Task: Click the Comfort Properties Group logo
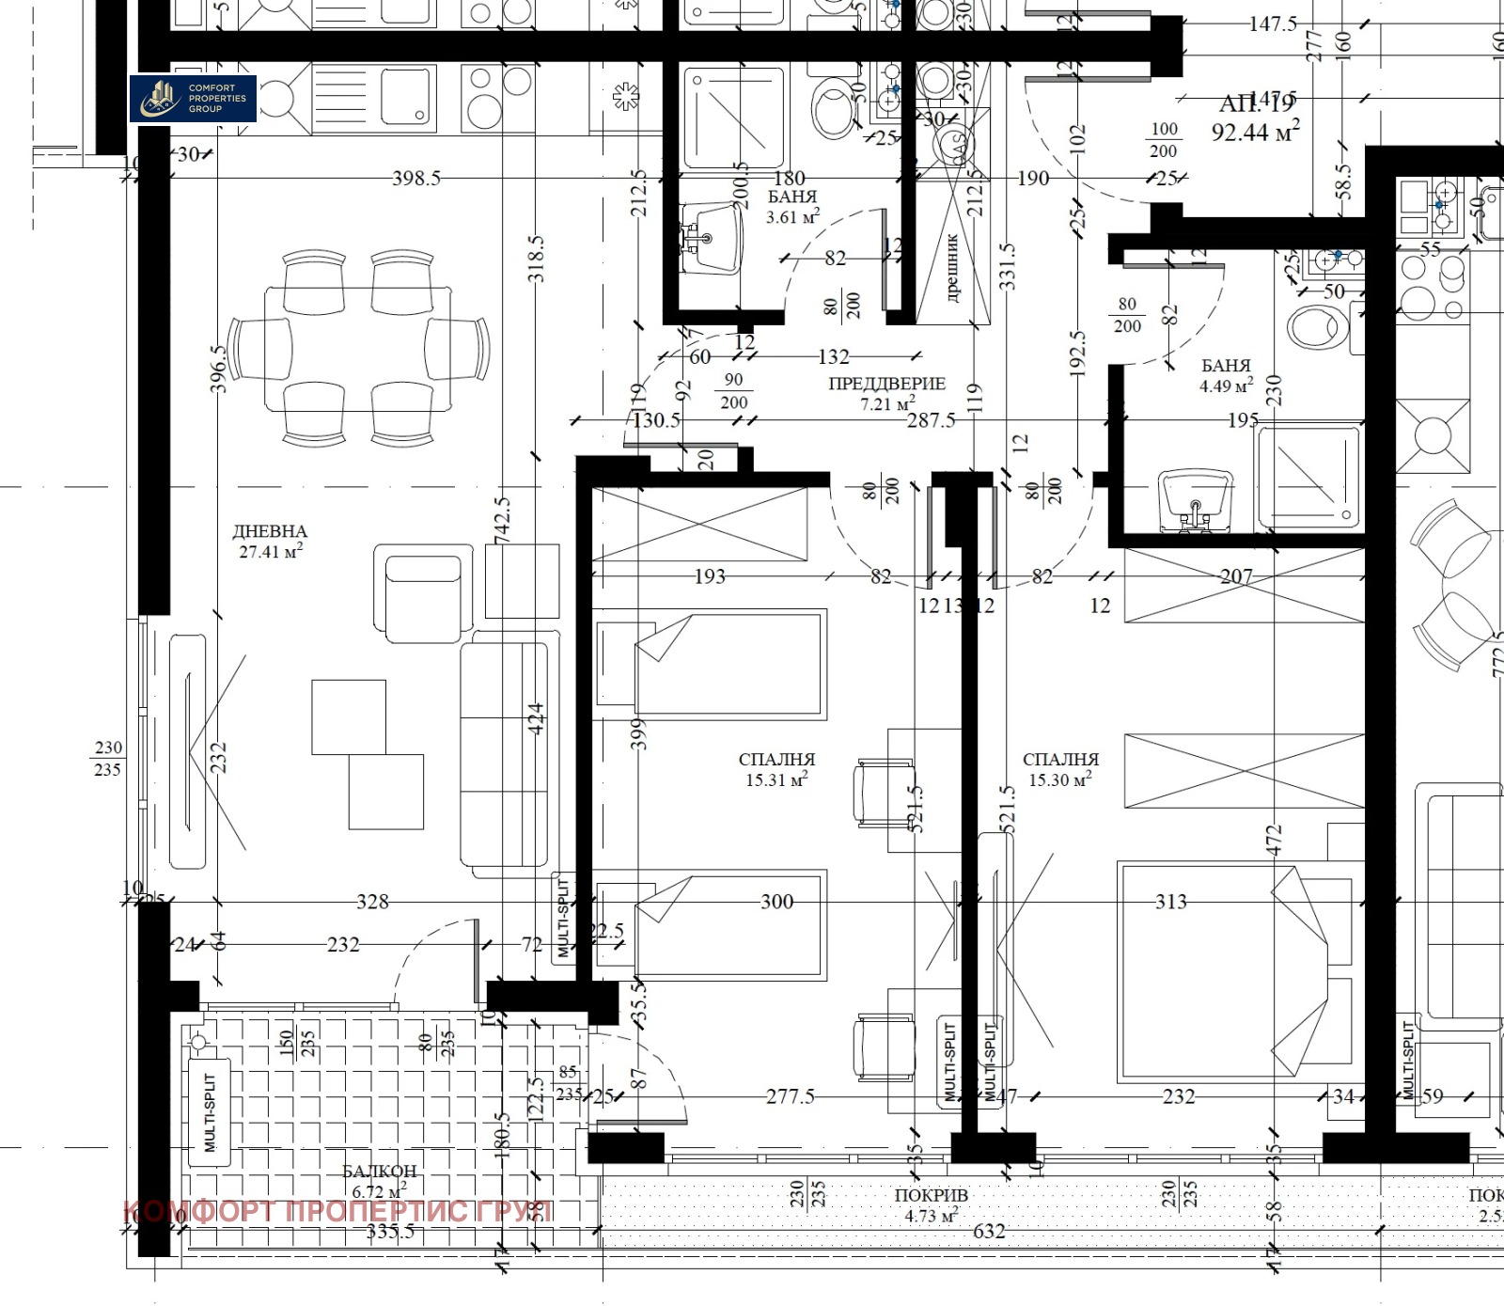point(193,99)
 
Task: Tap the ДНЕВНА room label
point(270,532)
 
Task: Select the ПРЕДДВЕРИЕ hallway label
point(886,384)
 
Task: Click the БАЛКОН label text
point(379,1172)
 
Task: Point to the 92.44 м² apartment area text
point(1254,132)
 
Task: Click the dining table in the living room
point(357,348)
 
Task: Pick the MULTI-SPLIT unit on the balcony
point(211,1112)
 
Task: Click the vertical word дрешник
point(952,268)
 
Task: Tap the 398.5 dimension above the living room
point(415,179)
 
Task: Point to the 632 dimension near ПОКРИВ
point(989,1231)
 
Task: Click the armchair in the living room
point(423,594)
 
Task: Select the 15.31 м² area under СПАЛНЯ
point(776,779)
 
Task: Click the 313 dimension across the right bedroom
point(1170,902)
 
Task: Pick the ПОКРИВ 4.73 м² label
point(931,1205)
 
